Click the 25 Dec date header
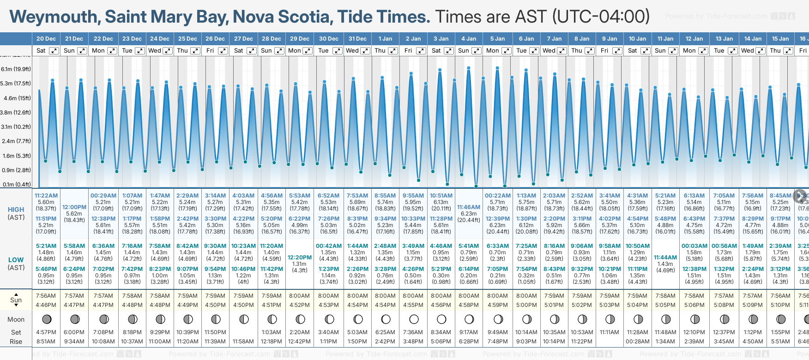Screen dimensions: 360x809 pos(187,39)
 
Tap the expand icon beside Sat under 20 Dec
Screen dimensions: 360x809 pos(54,51)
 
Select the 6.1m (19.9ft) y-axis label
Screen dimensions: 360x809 pos(16,69)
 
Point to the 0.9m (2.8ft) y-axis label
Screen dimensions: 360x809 pos(16,170)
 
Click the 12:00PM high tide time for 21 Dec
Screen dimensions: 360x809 pos(74,207)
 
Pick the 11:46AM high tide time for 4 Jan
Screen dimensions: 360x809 pos(469,207)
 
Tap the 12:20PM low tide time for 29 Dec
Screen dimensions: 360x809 pos(300,258)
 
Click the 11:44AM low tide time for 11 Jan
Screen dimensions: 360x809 pos(665,258)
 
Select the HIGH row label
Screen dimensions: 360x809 pos(16,210)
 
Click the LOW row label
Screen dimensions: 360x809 pos(16,260)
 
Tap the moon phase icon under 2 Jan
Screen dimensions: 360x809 pos(414,319)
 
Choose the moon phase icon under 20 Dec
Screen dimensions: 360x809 pos(46,319)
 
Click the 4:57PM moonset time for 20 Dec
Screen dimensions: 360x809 pos(46,332)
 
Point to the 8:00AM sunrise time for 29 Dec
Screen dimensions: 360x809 pos(300,296)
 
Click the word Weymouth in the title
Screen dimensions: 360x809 pos(53,17)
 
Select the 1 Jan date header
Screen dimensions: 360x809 pos(385,39)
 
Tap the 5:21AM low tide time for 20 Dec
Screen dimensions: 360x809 pos(46,246)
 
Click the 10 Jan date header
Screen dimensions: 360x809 pos(637,39)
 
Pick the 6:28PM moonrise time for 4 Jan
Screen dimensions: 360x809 pos(469,342)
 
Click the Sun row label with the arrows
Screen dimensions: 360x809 pos(16,300)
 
